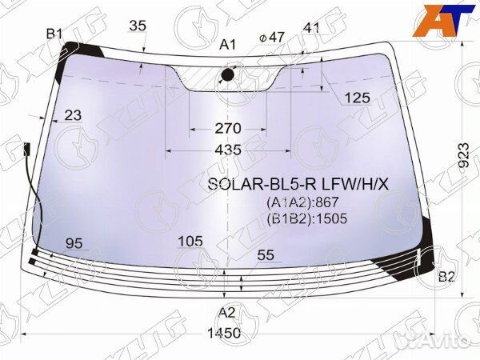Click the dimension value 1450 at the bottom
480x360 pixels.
pos(224,333)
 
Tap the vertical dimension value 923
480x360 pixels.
pos(463,155)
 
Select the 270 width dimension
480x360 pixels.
pos(228,128)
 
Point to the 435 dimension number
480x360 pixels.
pos(228,150)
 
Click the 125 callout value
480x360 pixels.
pos(358,98)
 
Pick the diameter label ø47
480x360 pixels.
pos(272,38)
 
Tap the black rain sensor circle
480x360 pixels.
pos(227,74)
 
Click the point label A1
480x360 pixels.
pos(228,45)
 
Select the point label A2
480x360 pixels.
pos(227,313)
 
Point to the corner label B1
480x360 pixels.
pos(54,34)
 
